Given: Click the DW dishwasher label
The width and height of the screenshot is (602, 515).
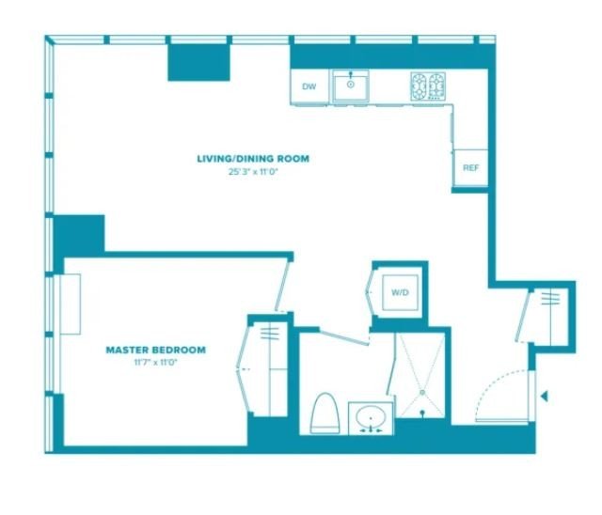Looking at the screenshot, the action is (309, 86).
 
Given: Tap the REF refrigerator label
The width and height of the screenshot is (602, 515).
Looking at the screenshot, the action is (470, 168).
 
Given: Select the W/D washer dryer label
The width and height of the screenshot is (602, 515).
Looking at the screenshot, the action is (400, 292).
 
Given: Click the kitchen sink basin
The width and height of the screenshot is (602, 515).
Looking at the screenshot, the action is (351, 86).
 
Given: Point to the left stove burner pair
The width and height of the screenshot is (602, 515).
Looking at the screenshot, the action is (419, 86).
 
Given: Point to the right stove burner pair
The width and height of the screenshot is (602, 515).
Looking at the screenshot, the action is (436, 86).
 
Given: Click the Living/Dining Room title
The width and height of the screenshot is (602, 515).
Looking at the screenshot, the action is (253, 159).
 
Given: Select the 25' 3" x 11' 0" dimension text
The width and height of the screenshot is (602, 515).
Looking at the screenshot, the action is (253, 172).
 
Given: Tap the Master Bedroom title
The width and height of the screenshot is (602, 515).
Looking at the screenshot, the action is (156, 350).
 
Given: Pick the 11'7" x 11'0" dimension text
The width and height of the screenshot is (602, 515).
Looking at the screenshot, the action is (155, 363).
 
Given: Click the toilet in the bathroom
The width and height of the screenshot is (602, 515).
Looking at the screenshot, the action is (325, 414).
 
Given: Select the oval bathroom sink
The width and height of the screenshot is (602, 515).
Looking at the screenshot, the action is (371, 417).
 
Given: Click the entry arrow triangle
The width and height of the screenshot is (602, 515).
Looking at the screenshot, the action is (544, 397).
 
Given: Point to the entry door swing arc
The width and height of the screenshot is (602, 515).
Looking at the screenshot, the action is (489, 385).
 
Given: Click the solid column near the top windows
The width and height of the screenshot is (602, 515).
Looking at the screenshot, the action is (198, 63).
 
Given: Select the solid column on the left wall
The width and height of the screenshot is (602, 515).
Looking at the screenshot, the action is (79, 234).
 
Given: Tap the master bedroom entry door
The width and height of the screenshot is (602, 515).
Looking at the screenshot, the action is (281, 285).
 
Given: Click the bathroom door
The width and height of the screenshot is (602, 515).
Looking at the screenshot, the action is (344, 337).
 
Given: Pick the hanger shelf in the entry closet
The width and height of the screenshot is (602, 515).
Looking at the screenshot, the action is (550, 298).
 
